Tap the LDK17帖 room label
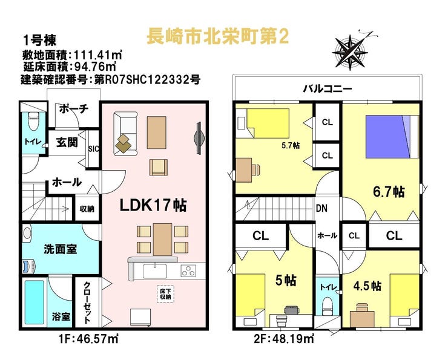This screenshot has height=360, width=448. [x=153, y=205]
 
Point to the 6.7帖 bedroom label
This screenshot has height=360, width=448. [x=388, y=192]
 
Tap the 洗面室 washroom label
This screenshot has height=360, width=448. [x=59, y=249]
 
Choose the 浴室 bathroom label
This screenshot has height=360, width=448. [x=61, y=316]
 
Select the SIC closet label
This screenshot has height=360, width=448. [x=94, y=147]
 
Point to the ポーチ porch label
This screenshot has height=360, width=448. [x=74, y=109]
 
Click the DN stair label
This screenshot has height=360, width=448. [x=322, y=209]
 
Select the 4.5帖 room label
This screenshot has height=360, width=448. [x=367, y=285]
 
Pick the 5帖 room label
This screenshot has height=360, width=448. [x=286, y=281]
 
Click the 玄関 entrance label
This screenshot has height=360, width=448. [x=67, y=143]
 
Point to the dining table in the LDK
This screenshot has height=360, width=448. [x=162, y=238]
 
